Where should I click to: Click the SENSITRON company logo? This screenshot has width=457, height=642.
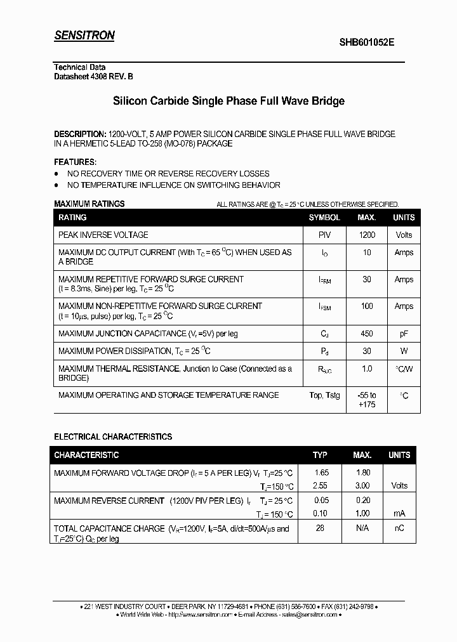coord(84,36)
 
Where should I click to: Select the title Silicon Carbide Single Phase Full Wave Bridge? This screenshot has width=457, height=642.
coord(228,101)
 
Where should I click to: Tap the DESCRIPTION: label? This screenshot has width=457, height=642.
coord(80,134)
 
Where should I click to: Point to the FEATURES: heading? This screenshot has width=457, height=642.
coord(76,162)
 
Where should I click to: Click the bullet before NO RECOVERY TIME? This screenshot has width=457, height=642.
coord(56,174)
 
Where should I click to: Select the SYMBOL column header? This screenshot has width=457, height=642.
coord(324,218)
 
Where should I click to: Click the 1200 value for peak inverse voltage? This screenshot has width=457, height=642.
coord(367,235)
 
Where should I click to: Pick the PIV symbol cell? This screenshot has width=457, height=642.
coord(324,235)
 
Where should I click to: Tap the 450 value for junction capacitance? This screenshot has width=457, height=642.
coord(367,334)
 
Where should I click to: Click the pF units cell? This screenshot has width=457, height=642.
coord(404,334)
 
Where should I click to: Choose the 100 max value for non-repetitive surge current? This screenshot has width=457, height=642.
coord(367,306)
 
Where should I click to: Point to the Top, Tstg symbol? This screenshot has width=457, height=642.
coord(324,395)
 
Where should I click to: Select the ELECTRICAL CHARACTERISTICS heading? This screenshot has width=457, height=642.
coord(113,437)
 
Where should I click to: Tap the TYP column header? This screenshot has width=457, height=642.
coord(320,455)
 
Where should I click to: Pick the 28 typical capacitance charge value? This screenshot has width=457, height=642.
coord(320,528)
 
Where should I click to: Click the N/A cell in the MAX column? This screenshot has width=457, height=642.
coord(362,528)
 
